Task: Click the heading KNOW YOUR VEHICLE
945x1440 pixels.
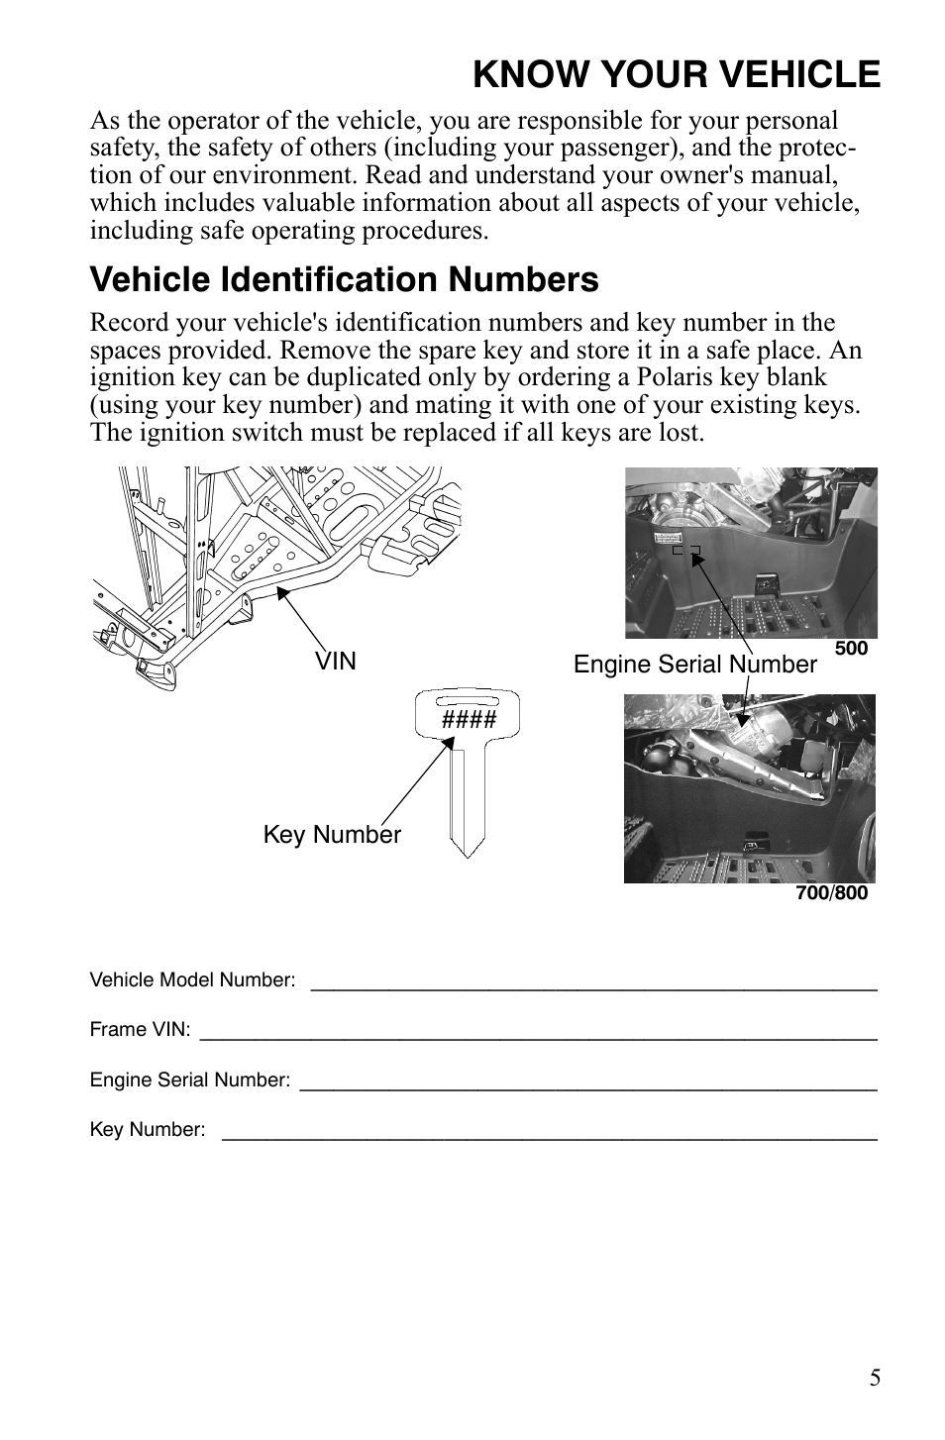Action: tap(676, 74)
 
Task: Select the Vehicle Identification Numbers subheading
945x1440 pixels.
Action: tap(344, 280)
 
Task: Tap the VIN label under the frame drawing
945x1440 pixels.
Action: tap(336, 662)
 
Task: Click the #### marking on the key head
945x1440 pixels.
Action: tap(469, 719)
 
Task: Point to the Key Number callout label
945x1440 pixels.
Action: tap(332, 835)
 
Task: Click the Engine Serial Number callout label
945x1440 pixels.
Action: tap(694, 665)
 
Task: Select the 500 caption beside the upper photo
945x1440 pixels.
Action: tap(851, 649)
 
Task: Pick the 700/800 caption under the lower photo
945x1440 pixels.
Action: tap(831, 893)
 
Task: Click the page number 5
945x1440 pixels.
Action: tap(875, 1378)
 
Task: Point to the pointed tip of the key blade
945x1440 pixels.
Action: tap(468, 854)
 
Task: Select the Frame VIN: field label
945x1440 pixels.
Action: tap(140, 1030)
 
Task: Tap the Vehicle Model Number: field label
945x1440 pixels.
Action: tap(192, 980)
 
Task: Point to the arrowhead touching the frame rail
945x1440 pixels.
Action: tap(281, 591)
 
